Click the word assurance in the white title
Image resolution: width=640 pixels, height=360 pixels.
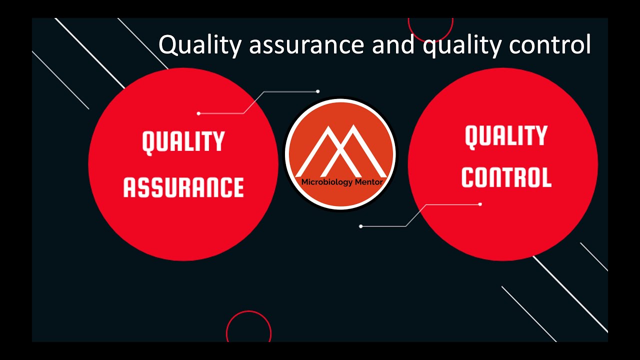(x=306, y=45)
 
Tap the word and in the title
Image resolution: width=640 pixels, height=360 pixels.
(x=394, y=45)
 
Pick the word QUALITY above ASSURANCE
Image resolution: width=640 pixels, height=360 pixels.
(x=183, y=142)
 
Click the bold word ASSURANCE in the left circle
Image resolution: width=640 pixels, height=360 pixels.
(x=183, y=186)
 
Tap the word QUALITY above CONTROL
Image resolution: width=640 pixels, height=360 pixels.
(x=506, y=136)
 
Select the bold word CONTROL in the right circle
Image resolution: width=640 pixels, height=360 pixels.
(x=506, y=177)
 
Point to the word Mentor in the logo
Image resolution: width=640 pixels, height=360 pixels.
(x=368, y=182)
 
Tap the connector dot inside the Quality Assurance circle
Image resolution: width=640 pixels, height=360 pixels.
(x=198, y=113)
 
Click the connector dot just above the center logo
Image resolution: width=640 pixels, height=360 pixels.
(x=318, y=91)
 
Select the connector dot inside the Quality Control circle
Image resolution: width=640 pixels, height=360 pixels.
(x=480, y=204)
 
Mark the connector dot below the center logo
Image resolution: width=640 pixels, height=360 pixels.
(x=361, y=226)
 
